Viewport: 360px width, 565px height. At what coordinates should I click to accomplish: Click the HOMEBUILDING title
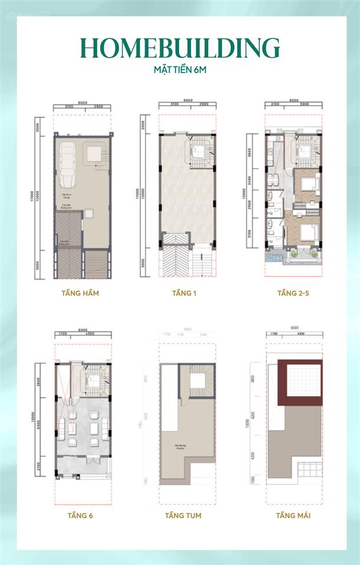tap(180, 48)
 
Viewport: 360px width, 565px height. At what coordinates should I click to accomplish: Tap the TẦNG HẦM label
tap(80, 293)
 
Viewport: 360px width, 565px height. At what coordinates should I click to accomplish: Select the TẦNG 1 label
tap(184, 293)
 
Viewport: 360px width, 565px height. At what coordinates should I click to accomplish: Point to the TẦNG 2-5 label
tap(293, 293)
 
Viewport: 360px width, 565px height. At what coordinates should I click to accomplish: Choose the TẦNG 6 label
tap(80, 516)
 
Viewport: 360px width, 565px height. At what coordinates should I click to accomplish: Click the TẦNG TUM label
tap(184, 516)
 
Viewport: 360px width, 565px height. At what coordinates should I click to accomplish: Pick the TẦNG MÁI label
tap(293, 516)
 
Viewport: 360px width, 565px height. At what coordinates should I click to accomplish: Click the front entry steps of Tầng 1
tap(202, 259)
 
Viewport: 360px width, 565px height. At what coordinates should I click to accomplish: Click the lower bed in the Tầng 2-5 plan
tap(306, 233)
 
